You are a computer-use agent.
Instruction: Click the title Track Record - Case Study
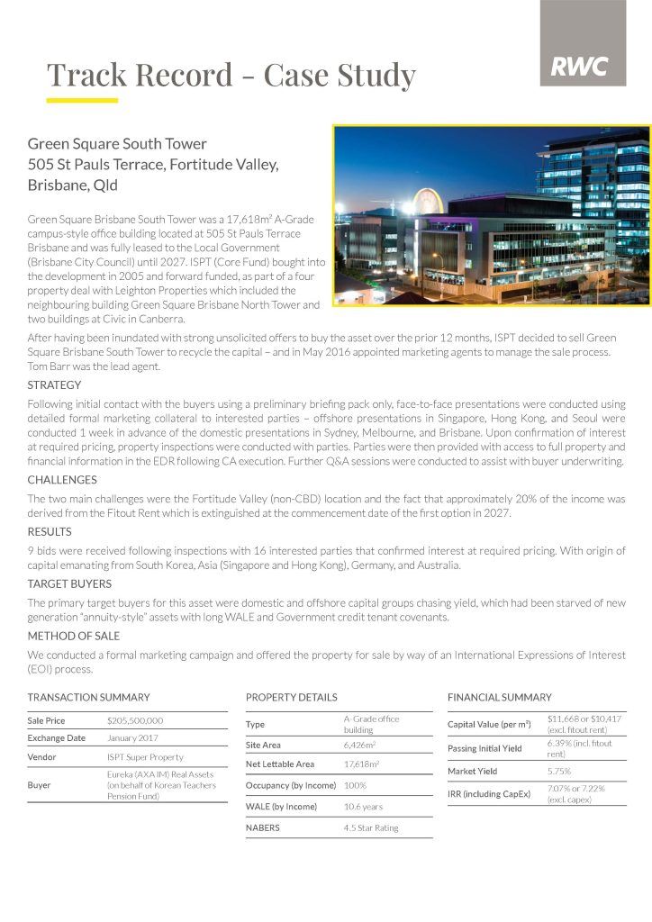coord(231,75)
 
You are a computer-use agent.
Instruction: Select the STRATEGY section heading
coord(54,385)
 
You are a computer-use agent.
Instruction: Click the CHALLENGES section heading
coord(61,480)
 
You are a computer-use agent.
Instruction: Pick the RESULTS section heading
coord(50,532)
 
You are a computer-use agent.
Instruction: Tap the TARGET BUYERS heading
coord(69,584)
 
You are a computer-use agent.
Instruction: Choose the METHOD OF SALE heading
coord(74,636)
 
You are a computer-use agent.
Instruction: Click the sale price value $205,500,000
coord(135,721)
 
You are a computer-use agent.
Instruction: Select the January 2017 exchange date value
coord(132,738)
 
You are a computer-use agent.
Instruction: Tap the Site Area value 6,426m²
coord(360,746)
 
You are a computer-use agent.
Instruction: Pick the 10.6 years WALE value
coord(364,807)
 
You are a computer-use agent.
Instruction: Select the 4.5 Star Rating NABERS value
coord(371,827)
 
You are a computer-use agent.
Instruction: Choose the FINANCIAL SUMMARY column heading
coord(500,698)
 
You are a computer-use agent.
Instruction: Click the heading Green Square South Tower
coord(117,144)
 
